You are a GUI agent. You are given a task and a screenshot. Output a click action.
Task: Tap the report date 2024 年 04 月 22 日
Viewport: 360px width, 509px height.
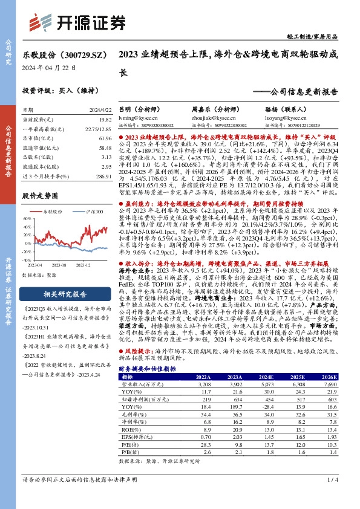coord(49,68)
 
